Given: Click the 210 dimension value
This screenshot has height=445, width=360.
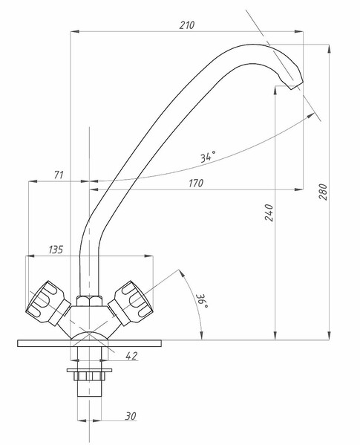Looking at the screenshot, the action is point(187,25).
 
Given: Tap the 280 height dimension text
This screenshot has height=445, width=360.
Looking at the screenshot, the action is point(323,192).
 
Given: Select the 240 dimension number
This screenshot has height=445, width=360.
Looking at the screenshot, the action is point(269,212).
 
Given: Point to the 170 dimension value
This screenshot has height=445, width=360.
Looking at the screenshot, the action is point(196,183).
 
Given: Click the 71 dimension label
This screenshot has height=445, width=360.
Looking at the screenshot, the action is point(59,175).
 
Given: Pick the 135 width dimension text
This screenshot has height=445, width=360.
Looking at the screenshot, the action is point(56,250).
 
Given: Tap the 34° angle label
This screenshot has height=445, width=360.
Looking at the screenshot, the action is point(208,156).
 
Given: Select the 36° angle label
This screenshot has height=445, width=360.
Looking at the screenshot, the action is point(203,301).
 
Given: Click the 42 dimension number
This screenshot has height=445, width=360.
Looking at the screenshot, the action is point(131,356).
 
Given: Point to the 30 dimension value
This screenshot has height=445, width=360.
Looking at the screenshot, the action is point(131,416).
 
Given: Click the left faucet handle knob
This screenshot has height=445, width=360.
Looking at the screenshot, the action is point(48,302).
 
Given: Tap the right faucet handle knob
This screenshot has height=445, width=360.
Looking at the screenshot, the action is point(131,302).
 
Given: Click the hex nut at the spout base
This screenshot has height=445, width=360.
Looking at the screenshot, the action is point(89,301).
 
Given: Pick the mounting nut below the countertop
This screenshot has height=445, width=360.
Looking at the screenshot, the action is point(89,377).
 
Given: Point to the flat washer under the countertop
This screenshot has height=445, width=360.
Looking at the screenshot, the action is point(89,370).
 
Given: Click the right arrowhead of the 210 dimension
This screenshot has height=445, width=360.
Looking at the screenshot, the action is point(299,31).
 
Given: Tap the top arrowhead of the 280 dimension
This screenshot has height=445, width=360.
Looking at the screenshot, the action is point(329,49).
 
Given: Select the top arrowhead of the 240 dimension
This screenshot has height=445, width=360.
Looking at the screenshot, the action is point(275,91).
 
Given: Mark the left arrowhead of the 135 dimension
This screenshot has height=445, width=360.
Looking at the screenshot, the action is point(30,256).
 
